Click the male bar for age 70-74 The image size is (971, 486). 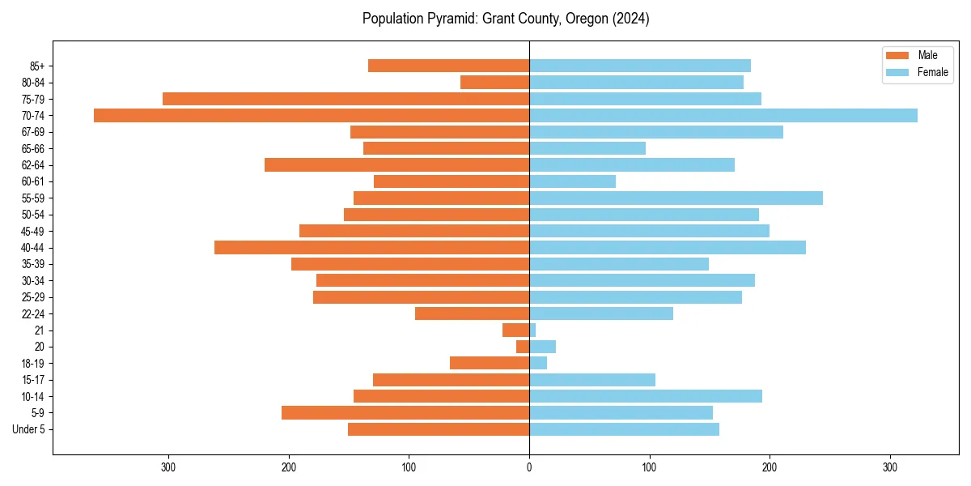pyautogui.click(x=312, y=116)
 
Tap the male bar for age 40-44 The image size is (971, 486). pyautogui.click(x=371, y=248)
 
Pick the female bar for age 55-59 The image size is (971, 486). pyautogui.click(x=676, y=198)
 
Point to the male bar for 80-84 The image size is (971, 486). pyautogui.click(x=494, y=83)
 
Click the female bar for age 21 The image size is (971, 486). pyautogui.click(x=532, y=330)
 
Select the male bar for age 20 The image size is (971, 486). pyautogui.click(x=523, y=347)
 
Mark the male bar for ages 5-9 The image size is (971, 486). pyautogui.click(x=405, y=413)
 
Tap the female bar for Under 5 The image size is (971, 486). pyautogui.click(x=624, y=429)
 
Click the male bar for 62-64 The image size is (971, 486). pyautogui.click(x=396, y=165)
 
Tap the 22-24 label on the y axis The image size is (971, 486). pyautogui.click(x=32, y=314)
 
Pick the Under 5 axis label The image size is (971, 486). pyautogui.click(x=28, y=429)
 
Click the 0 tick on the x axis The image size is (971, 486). pyautogui.click(x=529, y=467)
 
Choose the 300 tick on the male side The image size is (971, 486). pyautogui.click(x=168, y=467)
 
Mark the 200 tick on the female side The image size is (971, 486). pyautogui.click(x=770, y=467)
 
